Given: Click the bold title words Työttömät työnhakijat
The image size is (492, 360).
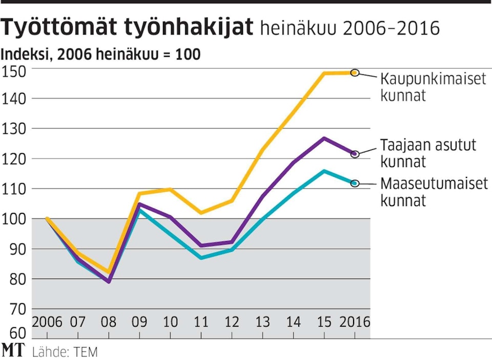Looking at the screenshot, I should pyautogui.click(x=128, y=28).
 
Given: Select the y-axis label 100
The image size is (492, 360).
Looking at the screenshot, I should pyautogui.click(x=15, y=219).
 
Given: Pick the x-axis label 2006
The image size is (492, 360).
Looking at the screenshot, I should pyautogui.click(x=47, y=323).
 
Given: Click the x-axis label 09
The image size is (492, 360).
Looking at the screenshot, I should pyautogui.click(x=139, y=323).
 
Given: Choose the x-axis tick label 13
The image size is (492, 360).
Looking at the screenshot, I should pyautogui.click(x=262, y=323).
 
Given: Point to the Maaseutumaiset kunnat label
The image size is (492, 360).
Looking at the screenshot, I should pyautogui.click(x=434, y=191).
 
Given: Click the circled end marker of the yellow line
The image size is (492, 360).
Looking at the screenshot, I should pyautogui.click(x=355, y=73).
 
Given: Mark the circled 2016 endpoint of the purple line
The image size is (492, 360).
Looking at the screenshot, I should pyautogui.click(x=355, y=153).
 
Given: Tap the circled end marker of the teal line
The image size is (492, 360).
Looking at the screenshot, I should pyautogui.click(x=355, y=183).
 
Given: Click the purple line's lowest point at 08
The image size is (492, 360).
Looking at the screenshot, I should pyautogui.click(x=109, y=282).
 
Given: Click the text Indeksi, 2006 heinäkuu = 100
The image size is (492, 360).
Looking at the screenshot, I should pyautogui.click(x=101, y=54).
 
